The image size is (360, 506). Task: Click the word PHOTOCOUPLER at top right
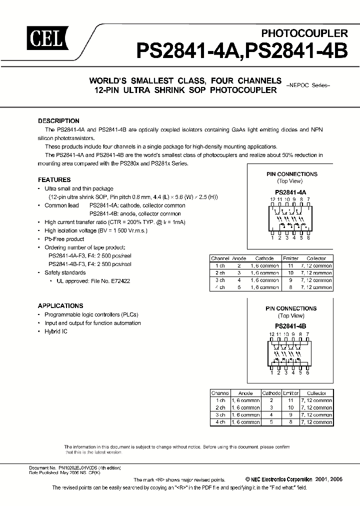(x=304, y=33)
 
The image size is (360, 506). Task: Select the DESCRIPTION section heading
(x=58, y=121)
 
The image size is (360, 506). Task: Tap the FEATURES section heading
(x=54, y=180)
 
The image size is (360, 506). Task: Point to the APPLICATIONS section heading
(x=60, y=306)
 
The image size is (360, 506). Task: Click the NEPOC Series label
(x=308, y=85)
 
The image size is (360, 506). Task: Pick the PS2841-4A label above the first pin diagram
(x=290, y=192)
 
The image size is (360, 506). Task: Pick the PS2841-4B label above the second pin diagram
(x=290, y=326)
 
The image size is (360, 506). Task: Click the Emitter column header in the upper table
(x=290, y=259)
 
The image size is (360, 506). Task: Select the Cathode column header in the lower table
(x=271, y=393)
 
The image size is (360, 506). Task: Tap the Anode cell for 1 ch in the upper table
(x=239, y=266)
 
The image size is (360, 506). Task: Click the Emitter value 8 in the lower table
(x=290, y=421)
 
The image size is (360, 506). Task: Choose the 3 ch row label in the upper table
(x=219, y=280)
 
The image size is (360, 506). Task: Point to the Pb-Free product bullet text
(x=64, y=239)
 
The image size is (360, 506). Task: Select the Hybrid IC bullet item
(x=56, y=331)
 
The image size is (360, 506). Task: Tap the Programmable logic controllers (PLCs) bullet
(x=91, y=315)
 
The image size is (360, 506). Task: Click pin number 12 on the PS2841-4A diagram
(x=272, y=199)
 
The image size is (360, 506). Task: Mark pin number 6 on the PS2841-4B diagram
(x=308, y=372)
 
